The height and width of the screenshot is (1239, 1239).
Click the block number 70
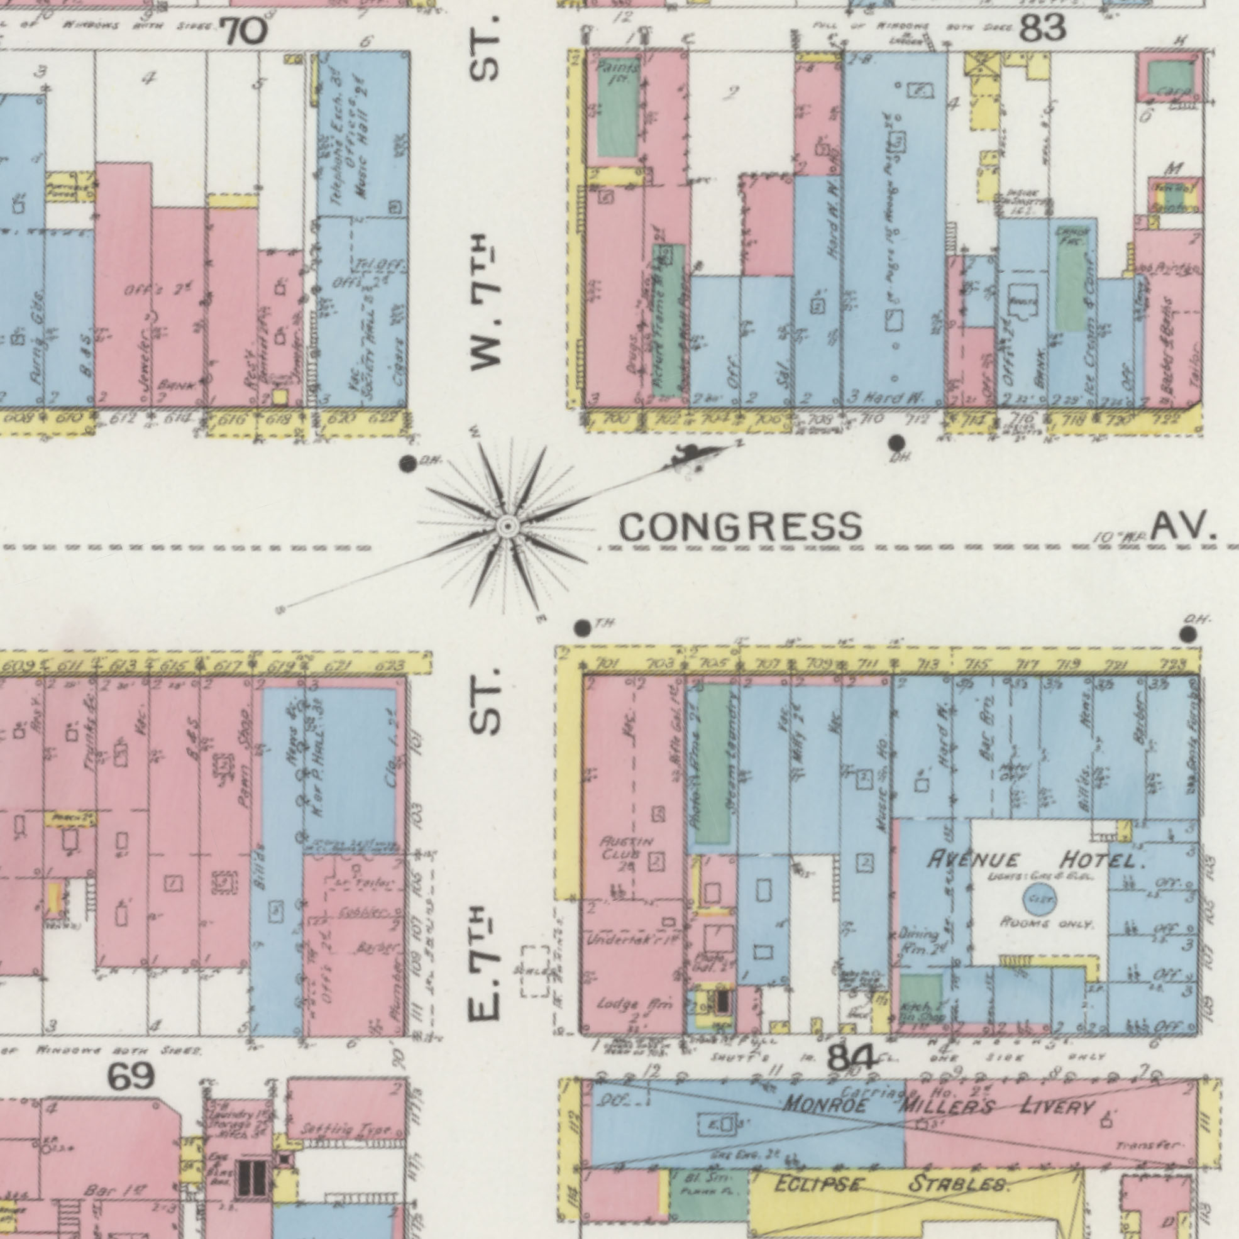(x=243, y=31)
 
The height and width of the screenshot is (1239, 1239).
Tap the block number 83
(x=1043, y=29)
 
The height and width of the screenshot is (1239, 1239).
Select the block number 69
(x=131, y=1076)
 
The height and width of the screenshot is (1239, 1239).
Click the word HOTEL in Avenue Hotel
(x=1103, y=859)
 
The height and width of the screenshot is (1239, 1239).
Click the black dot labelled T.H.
(x=581, y=628)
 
